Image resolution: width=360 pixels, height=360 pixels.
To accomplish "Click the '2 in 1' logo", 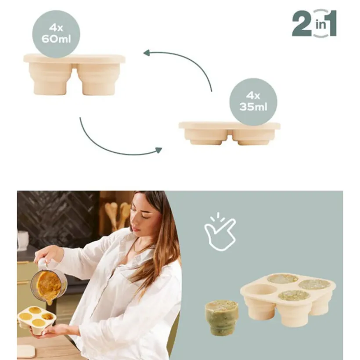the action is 314,23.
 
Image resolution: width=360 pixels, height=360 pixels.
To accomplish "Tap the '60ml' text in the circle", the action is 56,39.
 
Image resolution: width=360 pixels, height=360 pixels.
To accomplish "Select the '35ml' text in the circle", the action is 253,107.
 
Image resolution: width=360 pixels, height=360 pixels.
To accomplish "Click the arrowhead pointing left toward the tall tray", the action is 148,53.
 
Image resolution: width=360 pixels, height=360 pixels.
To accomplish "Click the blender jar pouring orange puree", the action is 49,284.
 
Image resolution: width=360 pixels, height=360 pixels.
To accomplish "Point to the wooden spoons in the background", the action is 117,216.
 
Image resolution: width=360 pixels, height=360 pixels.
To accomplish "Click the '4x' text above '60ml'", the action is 56,28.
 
